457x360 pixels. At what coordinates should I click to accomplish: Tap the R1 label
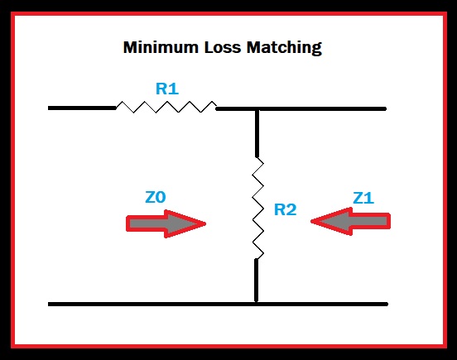(166, 88)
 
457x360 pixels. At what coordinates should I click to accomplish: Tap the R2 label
(285, 209)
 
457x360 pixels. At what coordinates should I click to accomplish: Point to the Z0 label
(156, 198)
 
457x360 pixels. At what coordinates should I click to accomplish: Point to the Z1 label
(364, 198)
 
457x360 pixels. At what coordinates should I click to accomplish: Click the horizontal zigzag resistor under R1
(166, 107)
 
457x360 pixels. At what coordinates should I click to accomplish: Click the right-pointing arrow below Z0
(166, 223)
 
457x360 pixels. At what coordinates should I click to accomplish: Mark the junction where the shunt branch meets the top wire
(257, 108)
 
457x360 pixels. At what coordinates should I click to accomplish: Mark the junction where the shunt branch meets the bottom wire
(257, 304)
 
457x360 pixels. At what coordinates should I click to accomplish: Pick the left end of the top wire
(51, 108)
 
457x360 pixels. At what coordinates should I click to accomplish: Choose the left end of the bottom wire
(51, 304)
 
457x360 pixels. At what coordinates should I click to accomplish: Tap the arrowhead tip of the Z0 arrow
(204, 223)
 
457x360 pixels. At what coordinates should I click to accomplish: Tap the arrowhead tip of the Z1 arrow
(313, 222)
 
